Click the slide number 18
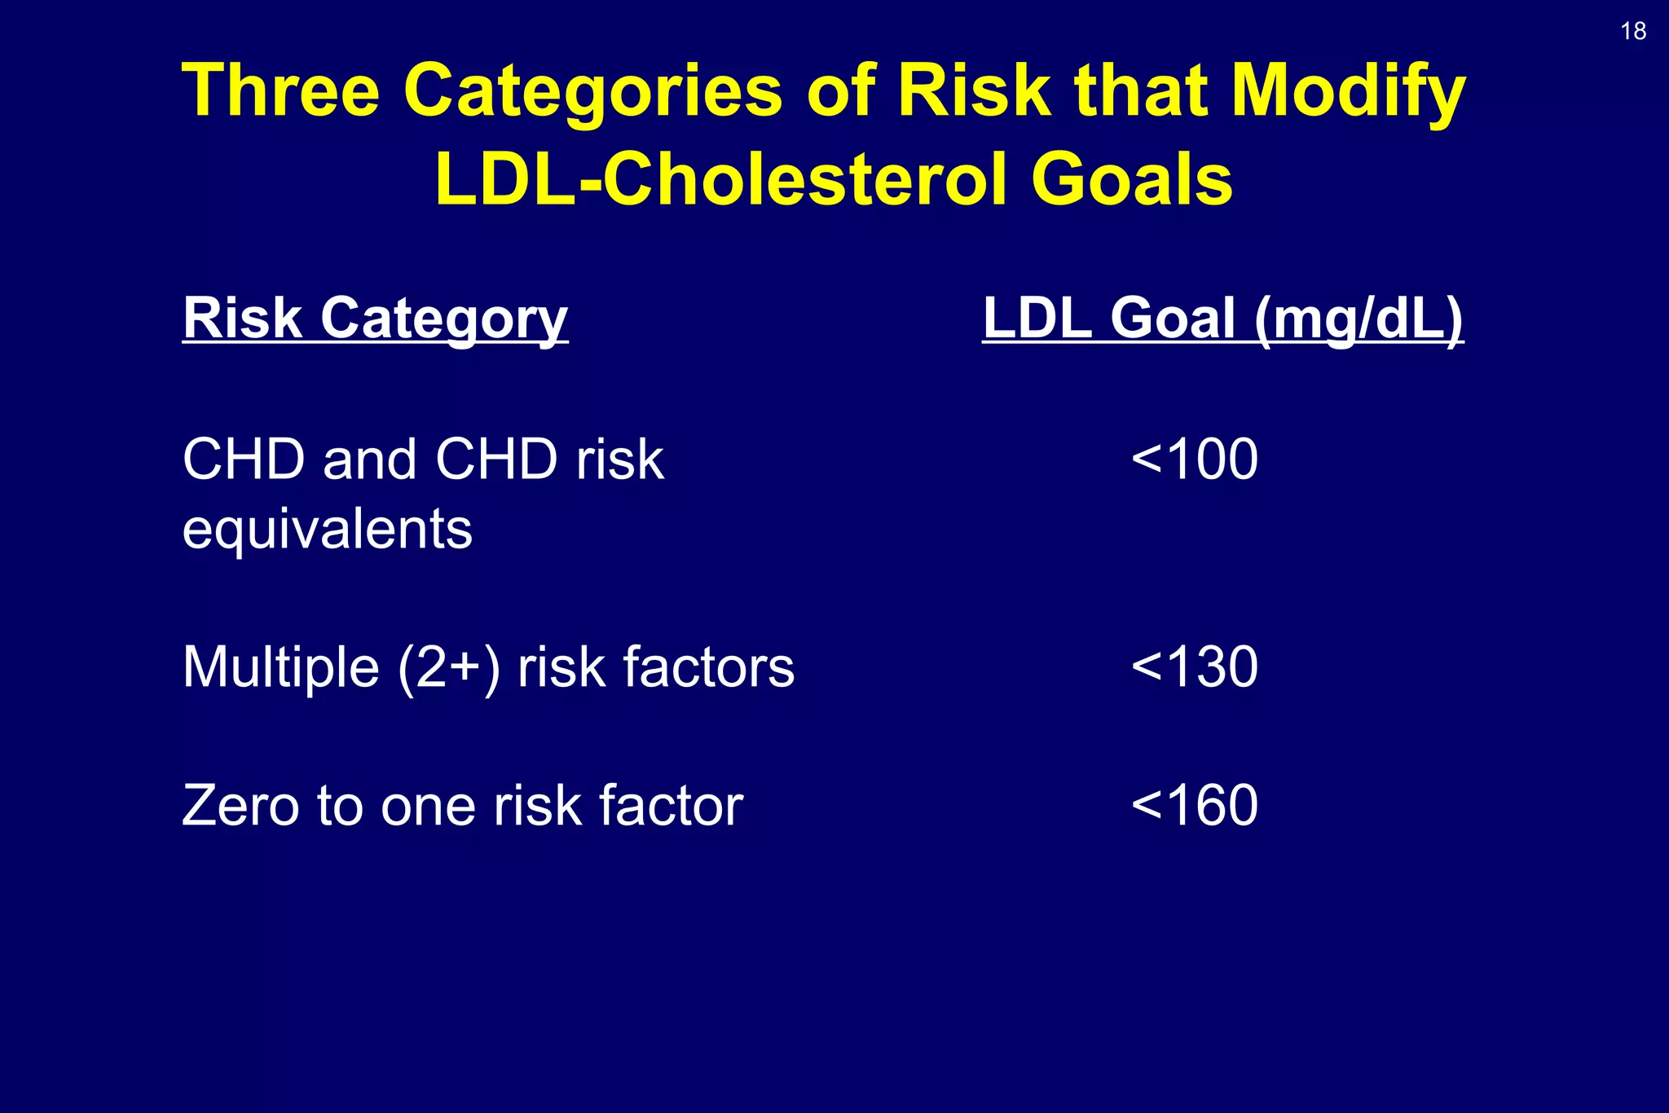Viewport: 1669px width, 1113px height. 1633,31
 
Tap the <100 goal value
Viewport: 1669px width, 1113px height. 1195,459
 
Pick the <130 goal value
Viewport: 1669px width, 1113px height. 1195,666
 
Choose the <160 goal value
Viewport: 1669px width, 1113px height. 1195,805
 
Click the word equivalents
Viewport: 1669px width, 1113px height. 327,530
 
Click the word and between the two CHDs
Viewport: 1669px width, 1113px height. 370,459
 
